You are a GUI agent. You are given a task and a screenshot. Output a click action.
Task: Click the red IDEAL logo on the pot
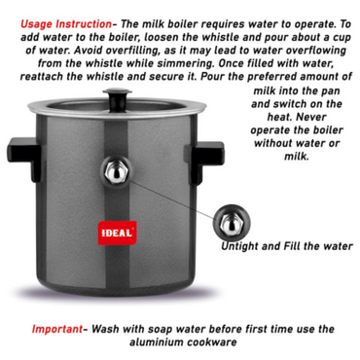(117, 233)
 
